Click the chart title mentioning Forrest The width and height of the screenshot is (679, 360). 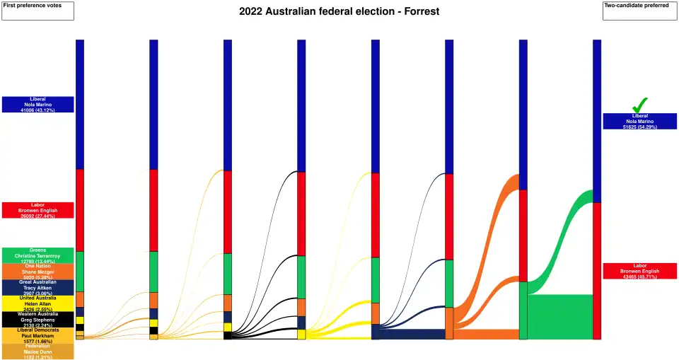pos(339,11)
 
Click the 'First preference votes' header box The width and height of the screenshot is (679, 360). pos(37,11)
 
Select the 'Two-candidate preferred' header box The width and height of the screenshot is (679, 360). pos(640,11)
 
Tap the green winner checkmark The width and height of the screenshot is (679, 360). pos(640,104)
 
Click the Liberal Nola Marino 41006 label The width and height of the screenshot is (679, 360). pos(37,104)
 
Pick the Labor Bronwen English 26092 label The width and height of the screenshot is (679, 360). pos(37,210)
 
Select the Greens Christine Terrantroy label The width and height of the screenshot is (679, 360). pos(37,255)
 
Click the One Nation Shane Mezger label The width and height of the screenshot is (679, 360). pos(37,272)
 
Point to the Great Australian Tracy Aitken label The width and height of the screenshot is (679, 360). pos(37,287)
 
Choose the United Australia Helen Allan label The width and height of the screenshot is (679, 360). pos(37,303)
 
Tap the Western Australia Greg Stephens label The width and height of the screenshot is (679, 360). pos(37,320)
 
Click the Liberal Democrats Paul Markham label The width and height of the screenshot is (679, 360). pos(37,335)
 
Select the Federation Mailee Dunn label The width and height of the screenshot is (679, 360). pos(37,352)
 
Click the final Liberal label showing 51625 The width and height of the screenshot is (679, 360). pos(640,121)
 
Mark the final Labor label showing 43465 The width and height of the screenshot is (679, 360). pos(640,271)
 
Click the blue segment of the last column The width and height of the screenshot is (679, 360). pos(597,120)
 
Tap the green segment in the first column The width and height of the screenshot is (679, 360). pos(80,271)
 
